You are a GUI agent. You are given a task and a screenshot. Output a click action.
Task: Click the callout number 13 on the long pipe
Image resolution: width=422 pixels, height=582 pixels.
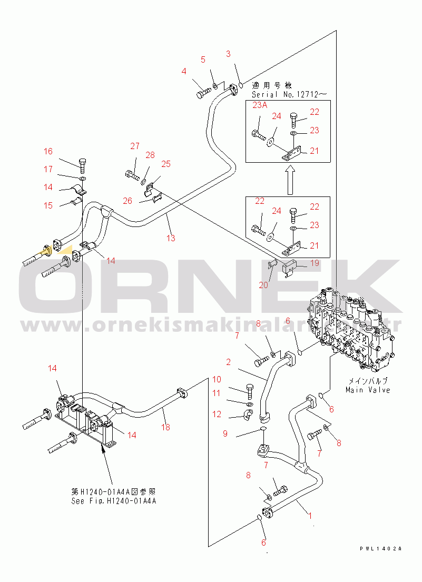171,238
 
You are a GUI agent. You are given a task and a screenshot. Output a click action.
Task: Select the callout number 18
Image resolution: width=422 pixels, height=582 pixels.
166,427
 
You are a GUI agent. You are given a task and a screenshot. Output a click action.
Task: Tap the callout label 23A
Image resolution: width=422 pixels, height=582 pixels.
260,105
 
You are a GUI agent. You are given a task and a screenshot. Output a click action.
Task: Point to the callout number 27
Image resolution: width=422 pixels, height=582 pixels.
135,146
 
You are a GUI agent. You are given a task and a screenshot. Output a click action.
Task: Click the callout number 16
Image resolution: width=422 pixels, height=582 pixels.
48,151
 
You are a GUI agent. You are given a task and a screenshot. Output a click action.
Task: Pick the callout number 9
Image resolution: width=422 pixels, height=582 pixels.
225,433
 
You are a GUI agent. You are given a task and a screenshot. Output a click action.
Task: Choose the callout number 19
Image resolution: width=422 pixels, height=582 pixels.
314,263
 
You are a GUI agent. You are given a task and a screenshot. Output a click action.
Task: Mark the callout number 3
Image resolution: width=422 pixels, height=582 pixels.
228,54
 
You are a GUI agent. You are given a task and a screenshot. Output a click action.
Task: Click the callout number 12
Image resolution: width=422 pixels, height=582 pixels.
217,415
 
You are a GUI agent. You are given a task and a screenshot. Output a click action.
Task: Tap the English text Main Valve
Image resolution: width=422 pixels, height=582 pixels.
368,390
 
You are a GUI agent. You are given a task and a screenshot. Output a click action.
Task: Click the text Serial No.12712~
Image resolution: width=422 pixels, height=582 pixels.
289,94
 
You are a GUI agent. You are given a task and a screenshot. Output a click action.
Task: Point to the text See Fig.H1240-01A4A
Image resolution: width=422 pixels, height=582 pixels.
114,501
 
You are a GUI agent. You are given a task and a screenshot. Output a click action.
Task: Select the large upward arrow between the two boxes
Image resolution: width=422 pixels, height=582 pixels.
289,179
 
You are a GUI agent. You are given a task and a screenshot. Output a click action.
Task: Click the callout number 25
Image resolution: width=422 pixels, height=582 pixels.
166,164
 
